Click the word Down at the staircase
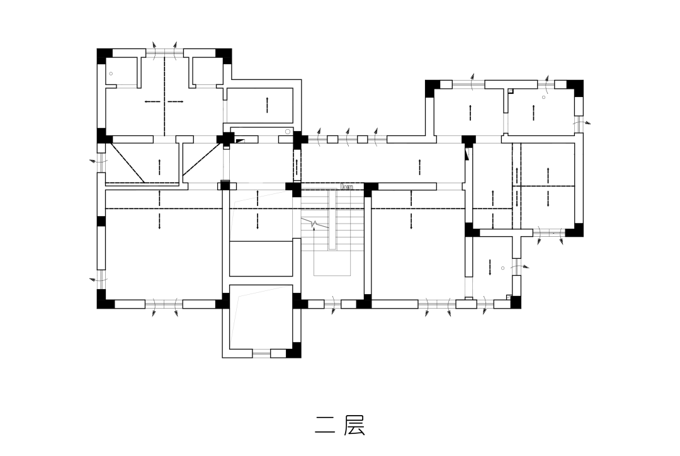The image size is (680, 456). coord(347,186)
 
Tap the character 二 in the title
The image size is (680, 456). coord(326,425)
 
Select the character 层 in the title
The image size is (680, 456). coord(354,425)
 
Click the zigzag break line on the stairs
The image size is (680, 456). coord(315,224)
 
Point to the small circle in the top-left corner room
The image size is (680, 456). coord(111,74)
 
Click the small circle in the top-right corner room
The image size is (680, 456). coord(543,97)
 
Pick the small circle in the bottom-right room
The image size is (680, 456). coord(502,268)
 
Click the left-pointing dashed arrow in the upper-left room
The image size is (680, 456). coord(152,102)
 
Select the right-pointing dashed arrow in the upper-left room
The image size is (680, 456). coord(176,102)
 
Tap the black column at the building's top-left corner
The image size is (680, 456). coord(104,56)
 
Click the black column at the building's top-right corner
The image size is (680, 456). coord(575,88)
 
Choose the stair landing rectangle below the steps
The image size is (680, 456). coord(332,263)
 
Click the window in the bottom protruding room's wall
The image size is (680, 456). coord(261,354)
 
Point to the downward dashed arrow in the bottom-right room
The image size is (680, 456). coord(490,267)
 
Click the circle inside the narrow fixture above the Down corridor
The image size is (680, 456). coord(288,132)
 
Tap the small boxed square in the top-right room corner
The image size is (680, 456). coord(511,91)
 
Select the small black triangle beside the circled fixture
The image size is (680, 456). coord(240,141)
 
